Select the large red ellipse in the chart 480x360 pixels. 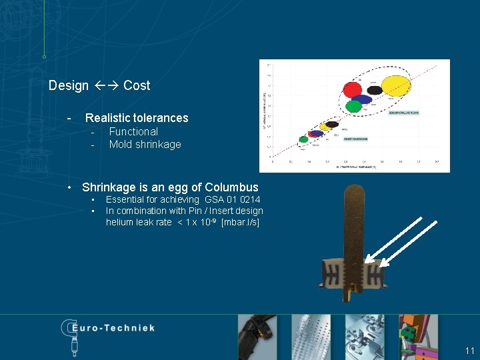coord(353,89)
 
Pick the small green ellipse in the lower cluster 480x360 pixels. coord(304,139)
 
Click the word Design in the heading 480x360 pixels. coord(69,85)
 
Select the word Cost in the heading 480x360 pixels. coord(137,85)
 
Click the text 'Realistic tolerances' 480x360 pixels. coord(137,118)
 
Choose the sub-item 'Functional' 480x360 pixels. coord(133,132)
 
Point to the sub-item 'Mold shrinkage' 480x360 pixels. coord(145,145)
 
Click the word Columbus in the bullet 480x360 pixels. coord(231,187)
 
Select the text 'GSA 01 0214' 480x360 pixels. coord(233,199)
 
